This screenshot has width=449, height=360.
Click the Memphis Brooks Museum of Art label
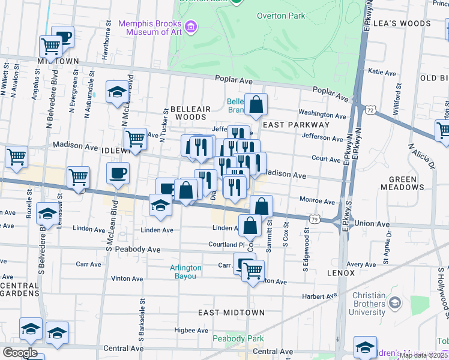tap(150, 28)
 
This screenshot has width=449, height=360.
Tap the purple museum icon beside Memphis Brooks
tap(191, 26)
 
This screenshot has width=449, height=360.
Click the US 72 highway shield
tap(370, 110)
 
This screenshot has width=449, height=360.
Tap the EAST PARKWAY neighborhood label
tap(297, 124)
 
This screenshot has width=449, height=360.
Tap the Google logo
tap(20, 352)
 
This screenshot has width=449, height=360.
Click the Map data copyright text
tap(423, 355)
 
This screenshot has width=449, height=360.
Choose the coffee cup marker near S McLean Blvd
tap(118, 173)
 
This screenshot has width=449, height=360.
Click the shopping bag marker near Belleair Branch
tap(256, 104)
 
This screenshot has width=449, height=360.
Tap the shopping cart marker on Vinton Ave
tap(253, 272)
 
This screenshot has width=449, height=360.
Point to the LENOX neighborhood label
tap(342, 272)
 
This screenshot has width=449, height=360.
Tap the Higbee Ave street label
tap(174, 330)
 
